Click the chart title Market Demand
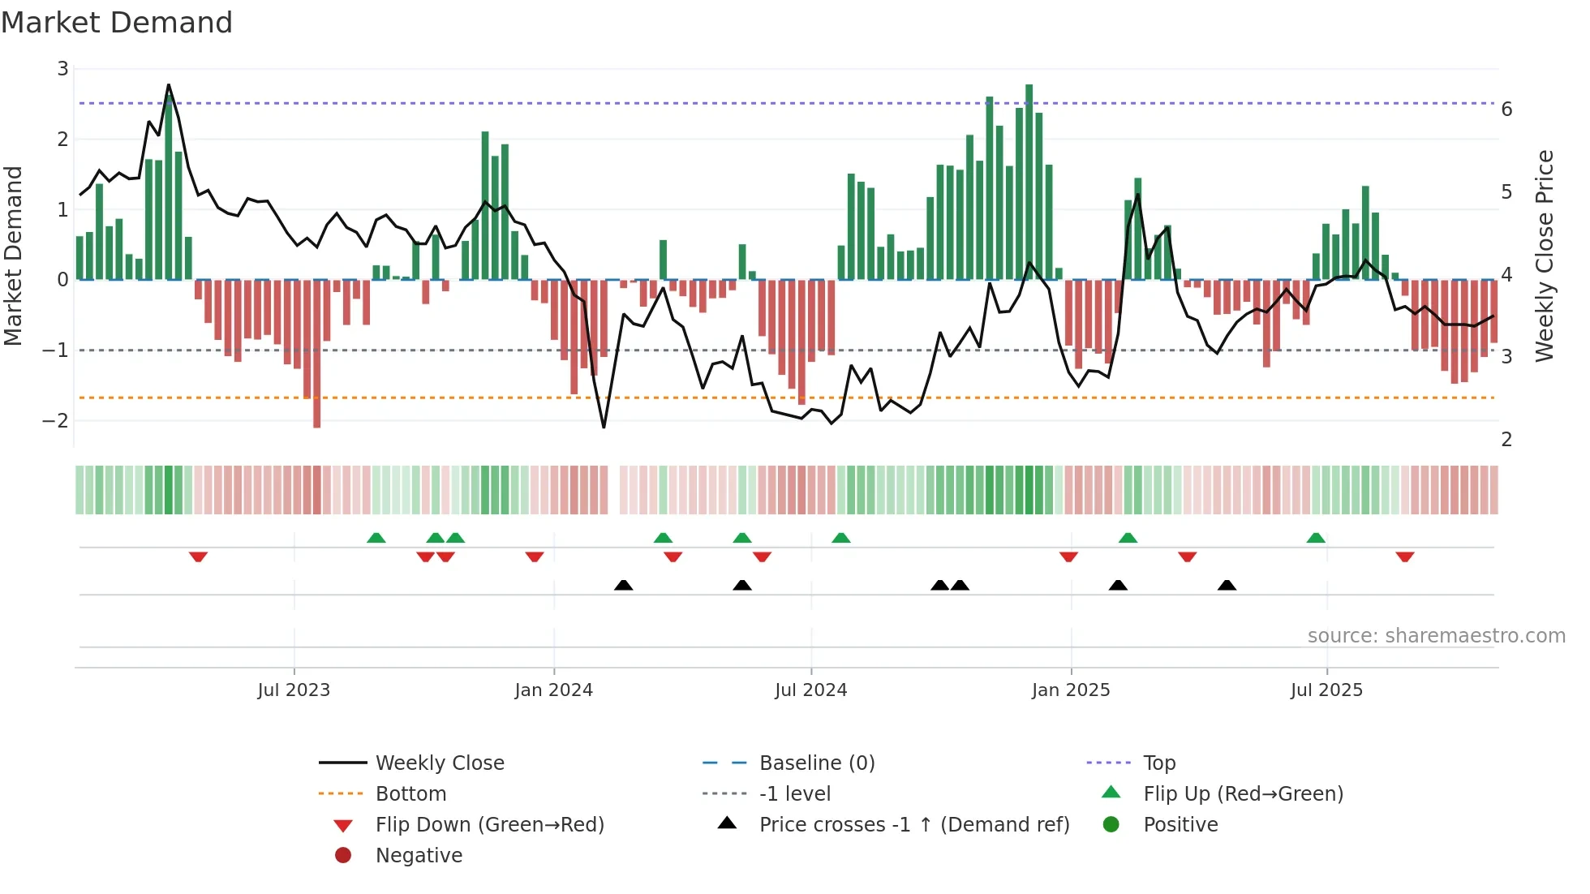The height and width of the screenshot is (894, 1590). (117, 23)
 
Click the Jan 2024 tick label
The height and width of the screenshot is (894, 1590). (553, 690)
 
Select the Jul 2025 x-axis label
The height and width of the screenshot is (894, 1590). (1326, 690)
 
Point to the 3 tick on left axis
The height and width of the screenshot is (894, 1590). (62, 69)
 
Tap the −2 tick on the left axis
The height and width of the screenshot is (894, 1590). (56, 420)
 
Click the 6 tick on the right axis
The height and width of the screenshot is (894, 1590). (1506, 110)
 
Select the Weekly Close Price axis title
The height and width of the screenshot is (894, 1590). (1545, 256)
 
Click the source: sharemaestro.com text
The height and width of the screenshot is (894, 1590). (1436, 636)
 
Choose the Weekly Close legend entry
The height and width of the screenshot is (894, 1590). (439, 763)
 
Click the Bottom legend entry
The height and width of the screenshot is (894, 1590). (410, 794)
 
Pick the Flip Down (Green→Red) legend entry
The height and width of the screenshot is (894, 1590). (489, 825)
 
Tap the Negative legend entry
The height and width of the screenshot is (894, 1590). (419, 856)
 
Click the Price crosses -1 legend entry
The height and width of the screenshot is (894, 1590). (913, 825)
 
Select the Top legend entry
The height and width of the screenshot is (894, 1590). (1158, 763)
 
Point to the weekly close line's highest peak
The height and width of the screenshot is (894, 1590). (169, 85)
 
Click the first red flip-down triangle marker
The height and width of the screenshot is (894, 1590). (198, 557)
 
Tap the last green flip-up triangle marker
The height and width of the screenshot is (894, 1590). (1316, 538)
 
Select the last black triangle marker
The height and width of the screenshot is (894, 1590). (1227, 585)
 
